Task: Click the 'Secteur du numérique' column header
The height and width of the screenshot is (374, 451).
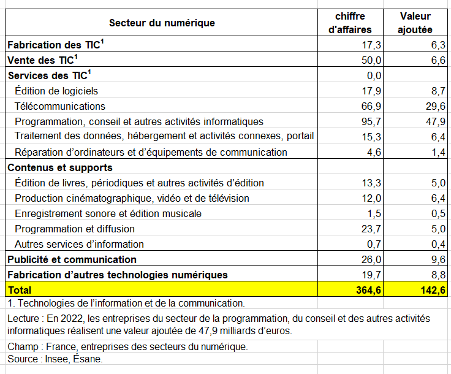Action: pyautogui.click(x=162, y=23)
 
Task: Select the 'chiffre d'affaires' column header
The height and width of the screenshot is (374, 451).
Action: pyautogui.click(x=351, y=23)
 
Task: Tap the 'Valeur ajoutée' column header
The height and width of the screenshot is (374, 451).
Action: pyautogui.click(x=415, y=23)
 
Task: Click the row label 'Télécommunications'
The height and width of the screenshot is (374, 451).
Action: pyautogui.click(x=60, y=106)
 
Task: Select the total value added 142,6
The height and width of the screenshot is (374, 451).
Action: pyautogui.click(x=431, y=290)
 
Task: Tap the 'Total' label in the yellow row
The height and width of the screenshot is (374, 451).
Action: pyautogui.click(x=19, y=290)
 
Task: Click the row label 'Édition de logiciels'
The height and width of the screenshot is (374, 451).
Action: pyautogui.click(x=56, y=91)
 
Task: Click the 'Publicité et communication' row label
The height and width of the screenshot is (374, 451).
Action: pyautogui.click(x=72, y=259)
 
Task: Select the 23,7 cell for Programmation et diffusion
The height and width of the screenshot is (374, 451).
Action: pyautogui.click(x=371, y=229)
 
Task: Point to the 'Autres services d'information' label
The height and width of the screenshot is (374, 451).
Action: pyautogui.click(x=79, y=244)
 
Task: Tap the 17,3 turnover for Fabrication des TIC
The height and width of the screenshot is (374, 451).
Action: pyautogui.click(x=371, y=45)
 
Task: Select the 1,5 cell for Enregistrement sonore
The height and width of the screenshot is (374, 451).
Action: pyautogui.click(x=374, y=213)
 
